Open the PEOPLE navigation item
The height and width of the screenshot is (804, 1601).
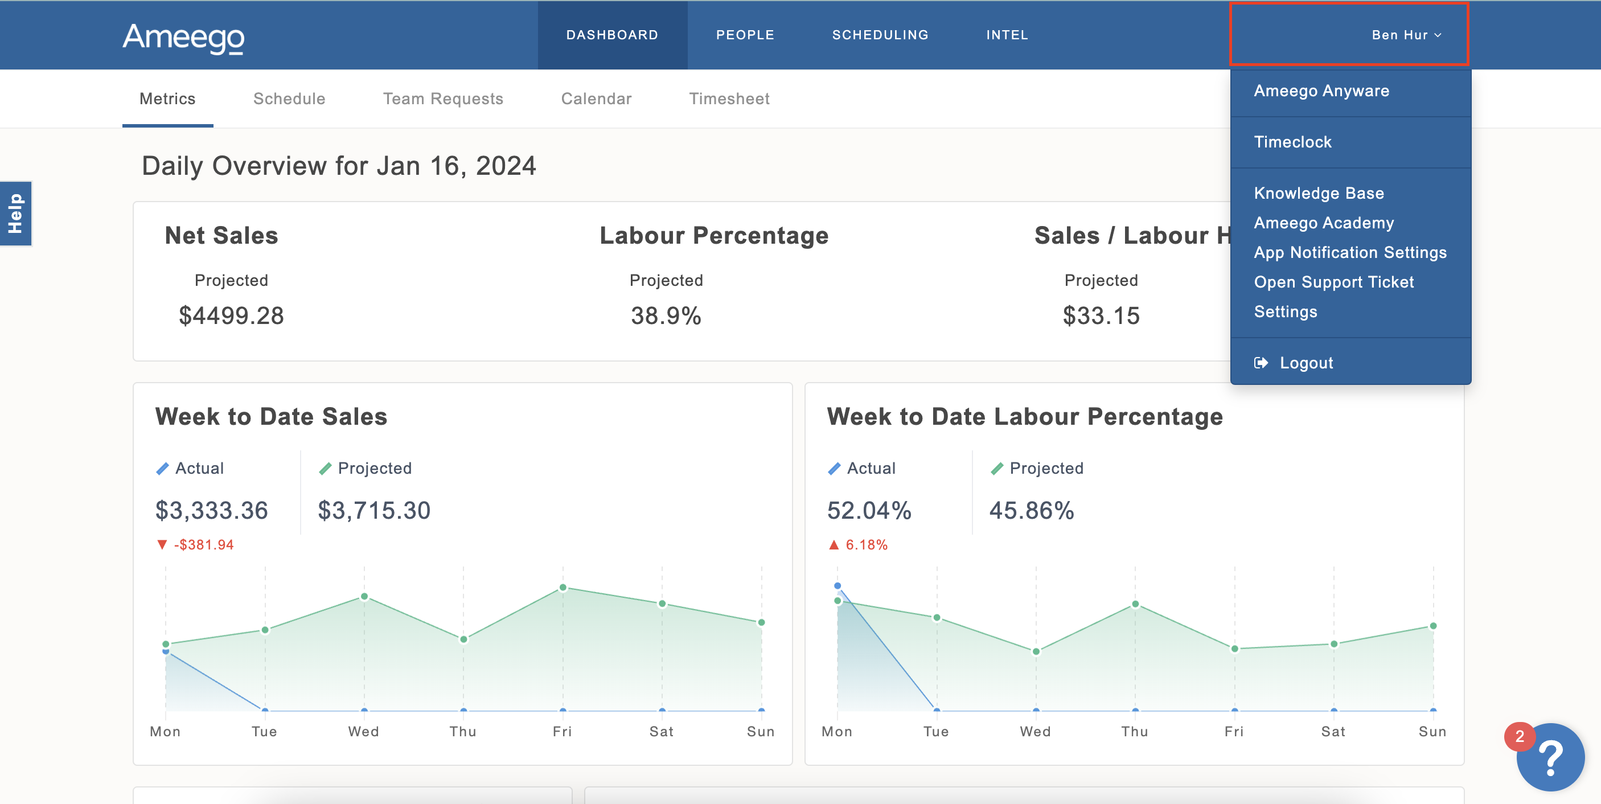(x=745, y=35)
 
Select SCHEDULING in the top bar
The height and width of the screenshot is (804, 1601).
(x=880, y=35)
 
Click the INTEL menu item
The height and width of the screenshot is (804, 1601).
(x=1007, y=35)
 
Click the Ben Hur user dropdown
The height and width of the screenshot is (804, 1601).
(x=1406, y=35)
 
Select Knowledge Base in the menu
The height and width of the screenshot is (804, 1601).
(x=1318, y=193)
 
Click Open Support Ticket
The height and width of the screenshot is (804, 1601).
(x=1333, y=282)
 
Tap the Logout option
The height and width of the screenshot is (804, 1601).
(x=1305, y=363)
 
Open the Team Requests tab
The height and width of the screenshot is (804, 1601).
(x=442, y=99)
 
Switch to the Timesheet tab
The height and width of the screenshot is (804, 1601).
(x=728, y=99)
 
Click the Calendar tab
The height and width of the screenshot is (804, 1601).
(x=596, y=99)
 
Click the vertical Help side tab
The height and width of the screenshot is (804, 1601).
(x=15, y=214)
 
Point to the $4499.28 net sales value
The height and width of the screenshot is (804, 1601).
(x=231, y=316)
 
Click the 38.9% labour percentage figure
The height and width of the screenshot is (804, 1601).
(x=666, y=316)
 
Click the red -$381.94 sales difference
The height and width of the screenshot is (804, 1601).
(x=203, y=545)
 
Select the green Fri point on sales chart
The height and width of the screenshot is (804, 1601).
(x=563, y=588)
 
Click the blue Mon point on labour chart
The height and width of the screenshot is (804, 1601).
(x=837, y=586)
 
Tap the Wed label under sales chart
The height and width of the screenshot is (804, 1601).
(x=364, y=731)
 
